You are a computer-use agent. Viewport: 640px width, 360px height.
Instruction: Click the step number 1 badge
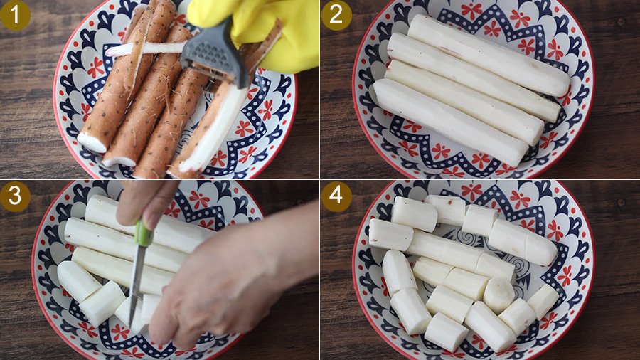pos(15,15)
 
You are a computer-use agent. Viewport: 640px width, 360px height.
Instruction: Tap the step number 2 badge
pos(336,15)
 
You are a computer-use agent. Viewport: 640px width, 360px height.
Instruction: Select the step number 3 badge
pos(15,196)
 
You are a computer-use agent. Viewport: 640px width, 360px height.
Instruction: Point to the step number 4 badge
pos(336,196)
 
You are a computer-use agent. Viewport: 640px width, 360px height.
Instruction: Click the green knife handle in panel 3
pos(143,233)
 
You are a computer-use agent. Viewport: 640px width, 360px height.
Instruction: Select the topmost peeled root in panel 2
pos(489,55)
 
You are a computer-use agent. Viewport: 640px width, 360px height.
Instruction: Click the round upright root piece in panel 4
pos(498,295)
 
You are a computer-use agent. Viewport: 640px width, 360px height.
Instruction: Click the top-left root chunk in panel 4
pos(414,214)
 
